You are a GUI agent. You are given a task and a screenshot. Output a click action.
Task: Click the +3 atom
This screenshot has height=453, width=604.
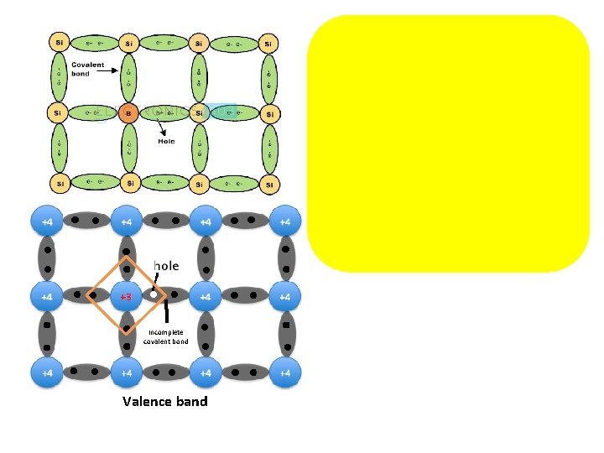126,296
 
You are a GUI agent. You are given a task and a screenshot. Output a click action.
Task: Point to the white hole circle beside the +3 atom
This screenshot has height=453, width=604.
154,295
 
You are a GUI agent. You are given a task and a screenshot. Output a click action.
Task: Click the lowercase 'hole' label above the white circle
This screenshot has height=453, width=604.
166,266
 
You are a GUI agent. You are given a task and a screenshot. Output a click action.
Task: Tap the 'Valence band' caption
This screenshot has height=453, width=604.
164,401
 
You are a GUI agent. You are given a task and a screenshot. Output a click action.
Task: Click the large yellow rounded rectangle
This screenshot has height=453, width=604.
448,143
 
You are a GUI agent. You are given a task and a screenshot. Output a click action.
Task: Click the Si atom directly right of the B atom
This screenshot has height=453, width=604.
199,112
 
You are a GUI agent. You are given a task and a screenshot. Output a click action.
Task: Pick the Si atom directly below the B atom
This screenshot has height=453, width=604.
129,183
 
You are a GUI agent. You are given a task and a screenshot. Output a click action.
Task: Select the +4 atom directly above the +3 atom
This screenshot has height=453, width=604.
126,221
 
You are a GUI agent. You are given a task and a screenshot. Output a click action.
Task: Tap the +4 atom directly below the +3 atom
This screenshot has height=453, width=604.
126,372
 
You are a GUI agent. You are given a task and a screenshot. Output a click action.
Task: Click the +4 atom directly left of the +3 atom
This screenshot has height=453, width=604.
47,296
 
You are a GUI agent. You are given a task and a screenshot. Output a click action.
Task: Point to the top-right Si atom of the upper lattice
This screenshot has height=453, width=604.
268,42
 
